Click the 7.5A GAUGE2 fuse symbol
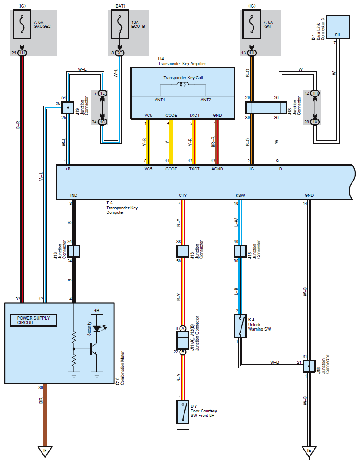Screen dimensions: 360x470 point(22,24)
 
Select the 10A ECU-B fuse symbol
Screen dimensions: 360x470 point(120,24)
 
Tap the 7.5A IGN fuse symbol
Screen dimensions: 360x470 point(252,24)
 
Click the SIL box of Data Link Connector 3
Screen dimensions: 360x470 point(338,27)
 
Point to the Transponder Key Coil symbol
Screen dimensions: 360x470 point(183,85)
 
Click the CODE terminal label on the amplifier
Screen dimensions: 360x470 point(171,116)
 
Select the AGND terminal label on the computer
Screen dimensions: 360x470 point(217,169)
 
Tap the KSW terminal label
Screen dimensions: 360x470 point(240,196)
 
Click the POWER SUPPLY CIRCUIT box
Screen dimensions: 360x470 point(33,320)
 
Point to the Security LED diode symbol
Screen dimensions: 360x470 point(97,328)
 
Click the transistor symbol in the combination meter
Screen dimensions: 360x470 point(93,349)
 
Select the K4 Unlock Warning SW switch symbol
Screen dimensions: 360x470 point(240,326)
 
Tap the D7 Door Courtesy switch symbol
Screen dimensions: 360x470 point(183,412)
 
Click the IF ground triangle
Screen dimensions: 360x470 point(45,451)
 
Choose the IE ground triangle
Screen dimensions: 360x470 point(309,451)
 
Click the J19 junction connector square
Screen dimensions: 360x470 point(68,108)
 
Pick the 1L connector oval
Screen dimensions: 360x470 point(103,93)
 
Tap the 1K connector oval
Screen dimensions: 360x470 point(315,122)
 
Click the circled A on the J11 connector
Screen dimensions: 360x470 point(183,328)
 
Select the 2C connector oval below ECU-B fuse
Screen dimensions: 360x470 point(119,53)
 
